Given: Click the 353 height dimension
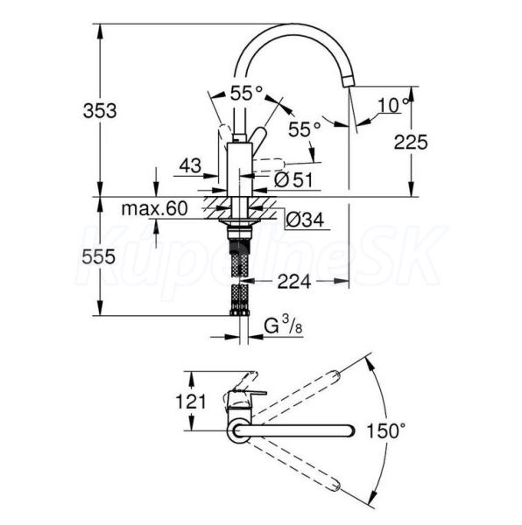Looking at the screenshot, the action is pos(100,110).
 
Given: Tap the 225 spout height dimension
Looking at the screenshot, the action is pos(411,142).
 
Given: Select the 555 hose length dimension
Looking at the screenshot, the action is pos(98,256).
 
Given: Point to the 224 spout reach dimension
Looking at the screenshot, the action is pos(294,281).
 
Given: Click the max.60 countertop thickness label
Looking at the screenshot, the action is pos(154,208).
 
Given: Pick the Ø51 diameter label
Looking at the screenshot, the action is pos(293,179).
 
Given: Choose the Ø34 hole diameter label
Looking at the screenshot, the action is pos(305,220).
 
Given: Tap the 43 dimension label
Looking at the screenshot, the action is pos(190,165).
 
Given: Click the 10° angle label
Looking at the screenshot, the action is pos(394,105).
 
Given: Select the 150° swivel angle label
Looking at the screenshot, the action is pos(386,430).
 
